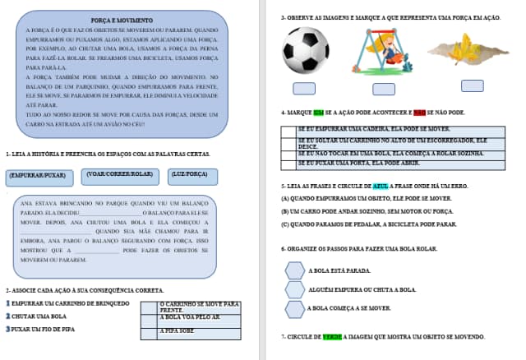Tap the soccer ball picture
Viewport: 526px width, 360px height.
tap(304, 52)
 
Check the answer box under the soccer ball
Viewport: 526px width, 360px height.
tap(304, 89)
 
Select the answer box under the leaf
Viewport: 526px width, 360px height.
tap(472, 85)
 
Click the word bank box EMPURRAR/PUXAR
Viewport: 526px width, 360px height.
tap(38, 175)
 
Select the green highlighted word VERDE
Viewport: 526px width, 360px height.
tap(332, 337)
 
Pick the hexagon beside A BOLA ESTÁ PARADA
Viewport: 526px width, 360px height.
tap(294, 270)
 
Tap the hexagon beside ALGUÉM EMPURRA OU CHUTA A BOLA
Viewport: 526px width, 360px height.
tap(294, 289)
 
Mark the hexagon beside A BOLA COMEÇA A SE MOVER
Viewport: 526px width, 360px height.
tap(294, 309)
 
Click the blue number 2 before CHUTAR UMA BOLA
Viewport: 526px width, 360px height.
tap(8, 316)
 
